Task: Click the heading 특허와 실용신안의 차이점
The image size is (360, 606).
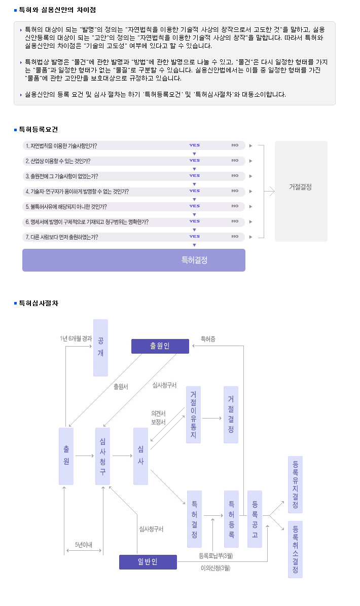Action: (58, 10)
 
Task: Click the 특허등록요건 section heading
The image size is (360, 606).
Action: (38, 130)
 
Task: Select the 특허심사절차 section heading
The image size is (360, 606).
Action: (39, 304)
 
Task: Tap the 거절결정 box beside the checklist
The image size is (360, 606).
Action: (301, 192)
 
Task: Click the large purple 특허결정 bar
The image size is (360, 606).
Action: (134, 260)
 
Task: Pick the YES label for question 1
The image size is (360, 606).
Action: (195, 145)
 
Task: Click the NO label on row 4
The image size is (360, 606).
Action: (235, 191)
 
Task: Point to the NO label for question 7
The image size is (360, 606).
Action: (235, 237)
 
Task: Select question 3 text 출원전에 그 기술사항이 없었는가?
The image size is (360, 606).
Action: (62, 176)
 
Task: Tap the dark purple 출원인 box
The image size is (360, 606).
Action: (160, 346)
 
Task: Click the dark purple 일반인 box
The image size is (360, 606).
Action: (148, 562)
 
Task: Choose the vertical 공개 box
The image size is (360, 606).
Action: (100, 348)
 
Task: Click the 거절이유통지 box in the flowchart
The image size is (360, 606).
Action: (193, 414)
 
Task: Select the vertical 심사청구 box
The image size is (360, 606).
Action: (102, 456)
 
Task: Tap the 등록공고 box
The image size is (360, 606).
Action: (255, 519)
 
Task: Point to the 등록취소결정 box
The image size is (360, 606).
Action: (296, 550)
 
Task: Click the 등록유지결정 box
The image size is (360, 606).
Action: (296, 484)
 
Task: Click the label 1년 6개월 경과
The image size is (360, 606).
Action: (76, 338)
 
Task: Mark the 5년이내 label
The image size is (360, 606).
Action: (84, 545)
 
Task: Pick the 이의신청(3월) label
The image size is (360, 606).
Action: (215, 568)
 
